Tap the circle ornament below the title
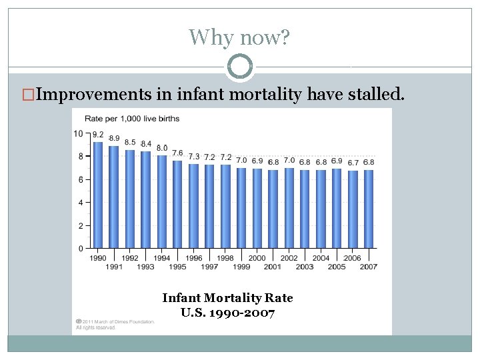(240, 67)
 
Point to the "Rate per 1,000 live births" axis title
(131, 119)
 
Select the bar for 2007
(369, 209)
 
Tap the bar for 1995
(177, 204)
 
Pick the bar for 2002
(289, 207)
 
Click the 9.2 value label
(98, 135)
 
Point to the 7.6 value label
(177, 153)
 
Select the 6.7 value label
(353, 163)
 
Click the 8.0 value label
(162, 148)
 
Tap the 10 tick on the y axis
(79, 133)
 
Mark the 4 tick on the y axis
(81, 203)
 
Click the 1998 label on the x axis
(225, 258)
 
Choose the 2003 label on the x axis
(305, 267)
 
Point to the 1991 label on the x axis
(114, 267)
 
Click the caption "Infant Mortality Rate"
(227, 298)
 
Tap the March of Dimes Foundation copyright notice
(115, 324)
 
